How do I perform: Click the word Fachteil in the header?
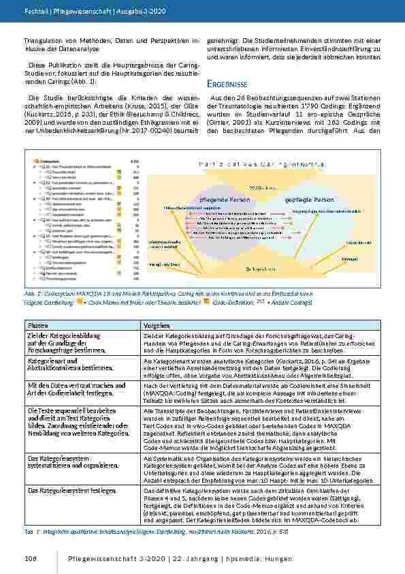click(35, 12)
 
